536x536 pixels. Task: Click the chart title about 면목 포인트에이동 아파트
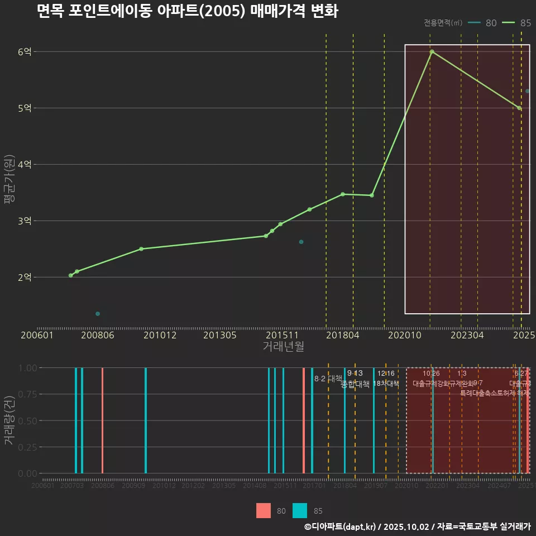pos(187,12)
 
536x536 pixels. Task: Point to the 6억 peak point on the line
pos(432,51)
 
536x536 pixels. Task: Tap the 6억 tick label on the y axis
pos(25,52)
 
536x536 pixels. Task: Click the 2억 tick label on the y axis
pos(25,277)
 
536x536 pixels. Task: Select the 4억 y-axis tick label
pos(25,165)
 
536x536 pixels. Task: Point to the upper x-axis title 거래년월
pos(283,347)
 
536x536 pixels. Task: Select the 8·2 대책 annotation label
pos(328,379)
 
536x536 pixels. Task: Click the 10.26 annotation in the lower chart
pos(431,374)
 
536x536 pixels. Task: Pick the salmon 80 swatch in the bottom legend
pos(264,510)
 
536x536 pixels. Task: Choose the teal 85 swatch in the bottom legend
pos(300,510)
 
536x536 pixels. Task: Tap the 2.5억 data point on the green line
pos(141,249)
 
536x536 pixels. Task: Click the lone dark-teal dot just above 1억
pos(98,314)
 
